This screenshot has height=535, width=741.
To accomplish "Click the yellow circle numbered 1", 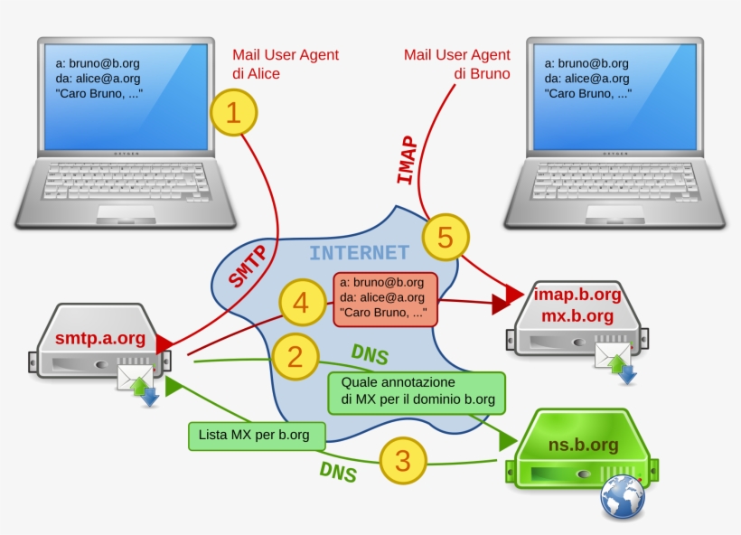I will tap(233, 113).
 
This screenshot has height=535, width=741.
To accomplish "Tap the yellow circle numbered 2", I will tap(295, 356).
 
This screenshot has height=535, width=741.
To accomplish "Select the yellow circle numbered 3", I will tap(402, 461).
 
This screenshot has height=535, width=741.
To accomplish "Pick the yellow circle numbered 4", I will tap(302, 304).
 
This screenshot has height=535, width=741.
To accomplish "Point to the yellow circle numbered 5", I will tap(445, 238).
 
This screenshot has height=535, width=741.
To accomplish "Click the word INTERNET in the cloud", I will tap(359, 253).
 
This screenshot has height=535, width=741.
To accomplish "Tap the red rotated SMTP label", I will tap(247, 266).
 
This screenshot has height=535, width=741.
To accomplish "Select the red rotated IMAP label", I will tap(408, 160).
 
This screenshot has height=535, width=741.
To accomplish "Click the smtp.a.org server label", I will tap(100, 339).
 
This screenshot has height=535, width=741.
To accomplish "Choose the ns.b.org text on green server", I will tap(583, 444).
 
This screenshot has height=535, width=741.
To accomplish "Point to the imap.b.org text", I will tap(577, 295).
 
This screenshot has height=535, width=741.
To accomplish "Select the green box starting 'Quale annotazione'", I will tap(417, 392).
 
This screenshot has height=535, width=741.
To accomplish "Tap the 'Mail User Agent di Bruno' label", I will tap(457, 64).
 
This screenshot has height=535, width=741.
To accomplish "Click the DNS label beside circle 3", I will tap(337, 471).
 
